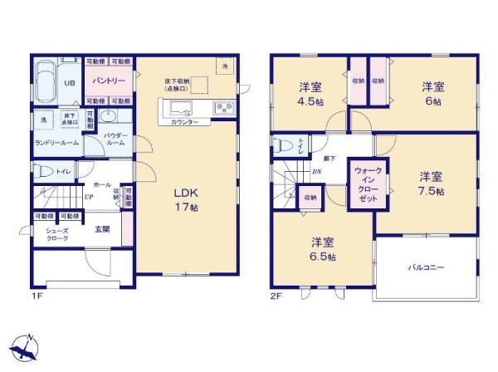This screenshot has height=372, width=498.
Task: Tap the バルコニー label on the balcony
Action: point(426,268)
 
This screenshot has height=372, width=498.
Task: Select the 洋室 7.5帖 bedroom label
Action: point(430,184)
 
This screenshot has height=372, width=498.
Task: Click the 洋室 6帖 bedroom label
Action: point(430,92)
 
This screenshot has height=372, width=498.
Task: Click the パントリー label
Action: point(109,81)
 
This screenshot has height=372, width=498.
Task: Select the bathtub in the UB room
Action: point(47,83)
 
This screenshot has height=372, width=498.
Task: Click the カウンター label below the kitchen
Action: point(184,122)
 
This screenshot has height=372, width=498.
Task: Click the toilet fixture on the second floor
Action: point(285,145)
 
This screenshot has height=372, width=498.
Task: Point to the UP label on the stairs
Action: point(88,198)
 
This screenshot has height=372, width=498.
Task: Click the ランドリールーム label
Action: point(55,143)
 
